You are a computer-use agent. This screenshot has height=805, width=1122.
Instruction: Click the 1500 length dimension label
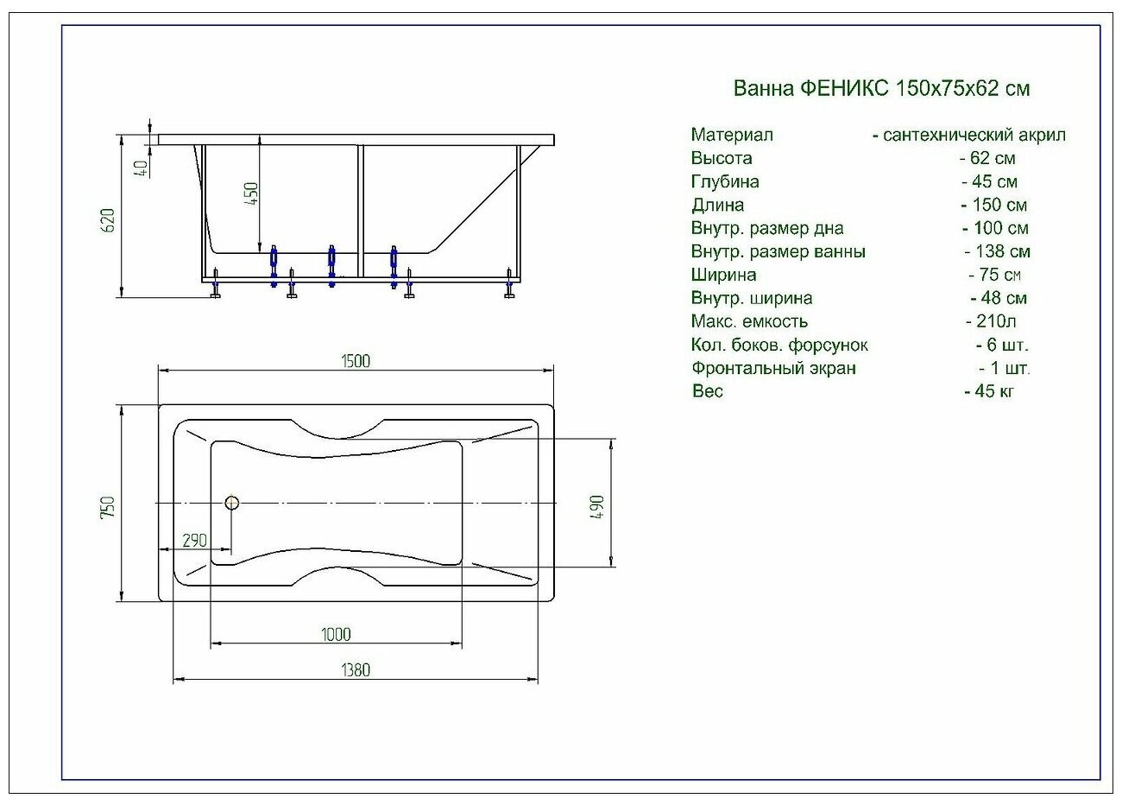356,361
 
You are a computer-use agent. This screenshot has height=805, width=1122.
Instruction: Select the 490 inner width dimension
597,506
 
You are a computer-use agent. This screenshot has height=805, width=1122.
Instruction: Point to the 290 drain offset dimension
194,541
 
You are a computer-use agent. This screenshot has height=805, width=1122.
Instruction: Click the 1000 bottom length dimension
336,635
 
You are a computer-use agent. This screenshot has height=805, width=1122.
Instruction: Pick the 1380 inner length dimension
355,669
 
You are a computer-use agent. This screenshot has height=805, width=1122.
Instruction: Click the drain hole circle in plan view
231,503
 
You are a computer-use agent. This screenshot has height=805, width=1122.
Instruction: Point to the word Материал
732,135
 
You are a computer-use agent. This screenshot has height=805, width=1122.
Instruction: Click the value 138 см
998,251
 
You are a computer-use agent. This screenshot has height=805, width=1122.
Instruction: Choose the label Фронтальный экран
773,368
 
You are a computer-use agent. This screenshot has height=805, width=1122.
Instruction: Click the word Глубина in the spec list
725,181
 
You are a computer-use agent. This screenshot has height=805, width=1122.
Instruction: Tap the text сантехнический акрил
974,135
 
